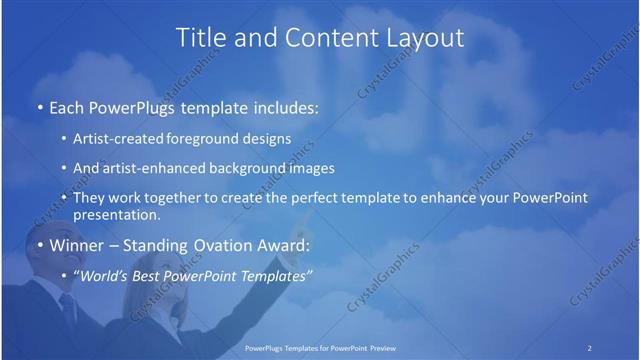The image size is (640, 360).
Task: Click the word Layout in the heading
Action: coord(424,38)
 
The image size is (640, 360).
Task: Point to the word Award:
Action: coord(285,246)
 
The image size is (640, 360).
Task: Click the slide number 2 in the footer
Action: coord(590,348)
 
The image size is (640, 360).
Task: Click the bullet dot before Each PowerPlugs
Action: coord(40,107)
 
